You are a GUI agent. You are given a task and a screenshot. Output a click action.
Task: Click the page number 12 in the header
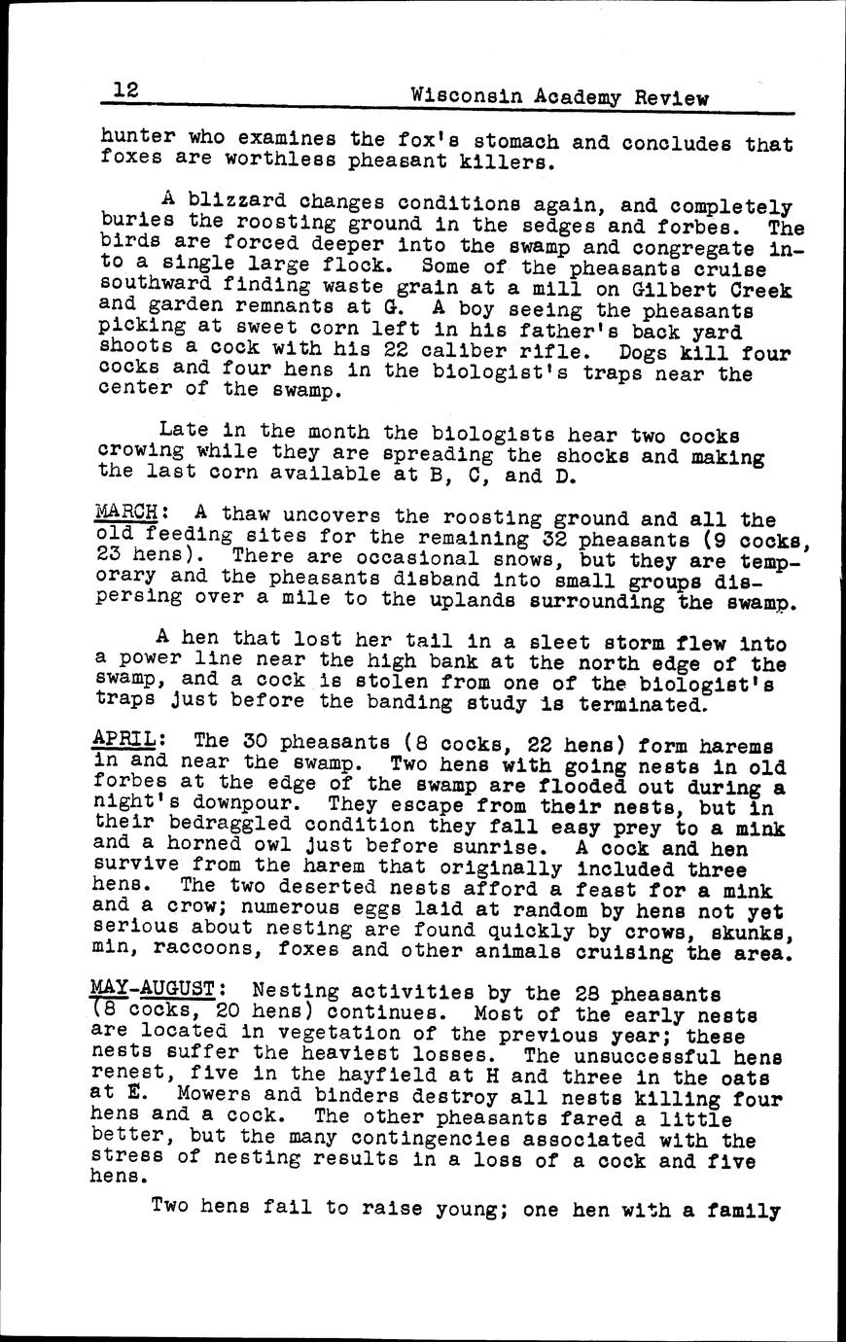[x=125, y=90]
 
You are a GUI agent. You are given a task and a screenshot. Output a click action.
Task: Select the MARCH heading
[x=125, y=512]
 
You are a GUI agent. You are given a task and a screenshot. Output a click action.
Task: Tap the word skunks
[x=758, y=932]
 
